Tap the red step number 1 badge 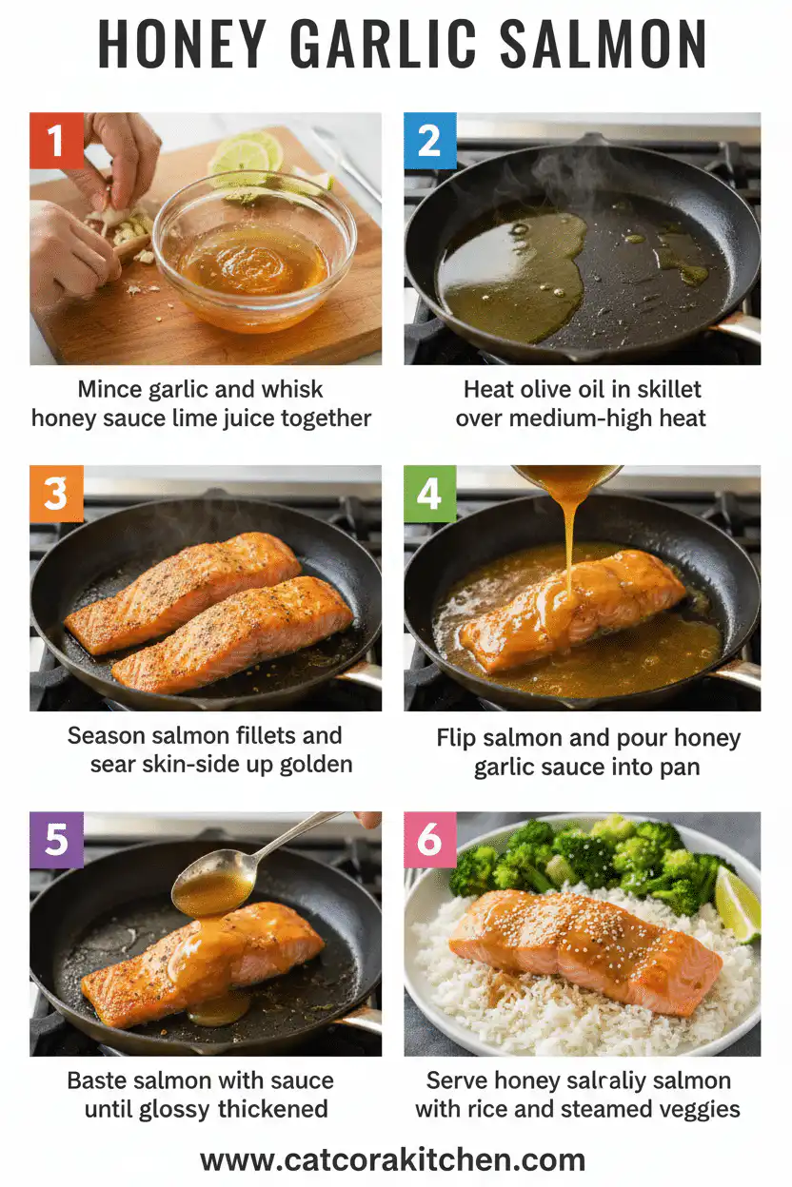point(56,140)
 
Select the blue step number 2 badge point(430,140)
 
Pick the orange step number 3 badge point(56,493)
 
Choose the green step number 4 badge point(430,493)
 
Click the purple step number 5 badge point(56,840)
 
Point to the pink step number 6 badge point(430,840)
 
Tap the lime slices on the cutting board point(246,154)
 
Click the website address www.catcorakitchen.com point(392,1158)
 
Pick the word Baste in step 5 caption point(99,1080)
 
